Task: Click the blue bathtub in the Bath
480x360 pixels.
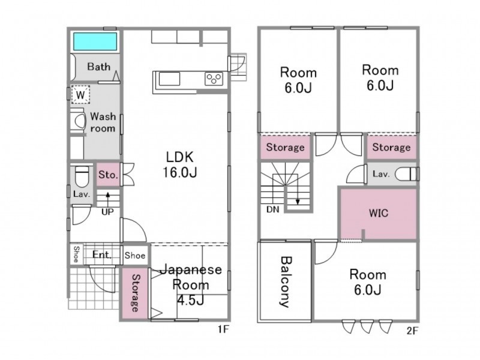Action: tap(95, 41)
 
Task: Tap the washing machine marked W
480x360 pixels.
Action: tap(80, 95)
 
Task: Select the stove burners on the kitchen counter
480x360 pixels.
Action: tap(214, 79)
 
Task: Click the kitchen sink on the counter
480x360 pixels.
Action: tap(169, 79)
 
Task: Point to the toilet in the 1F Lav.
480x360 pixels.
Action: tap(82, 176)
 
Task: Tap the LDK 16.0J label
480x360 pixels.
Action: tap(179, 164)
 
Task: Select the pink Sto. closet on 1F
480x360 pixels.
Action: tap(109, 175)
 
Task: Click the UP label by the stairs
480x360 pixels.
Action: tap(107, 212)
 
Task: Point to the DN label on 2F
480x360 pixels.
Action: tap(272, 209)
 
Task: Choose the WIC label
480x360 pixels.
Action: tap(379, 213)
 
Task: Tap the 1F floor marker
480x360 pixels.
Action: tap(223, 329)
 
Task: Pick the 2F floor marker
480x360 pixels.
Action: tap(412, 331)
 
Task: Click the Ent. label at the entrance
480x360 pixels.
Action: tap(102, 254)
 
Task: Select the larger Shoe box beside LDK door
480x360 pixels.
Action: tap(134, 255)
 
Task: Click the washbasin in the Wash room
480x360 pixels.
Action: tap(78, 121)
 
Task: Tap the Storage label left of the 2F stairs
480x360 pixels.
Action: tap(286, 147)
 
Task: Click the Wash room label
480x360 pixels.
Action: tap(103, 122)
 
